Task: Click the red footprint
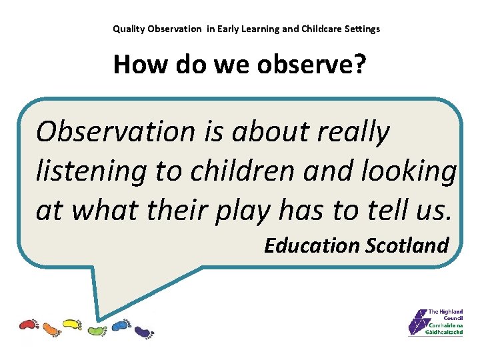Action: (29, 325)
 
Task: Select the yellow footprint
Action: (71, 325)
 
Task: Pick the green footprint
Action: (96, 330)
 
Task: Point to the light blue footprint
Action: (121, 325)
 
